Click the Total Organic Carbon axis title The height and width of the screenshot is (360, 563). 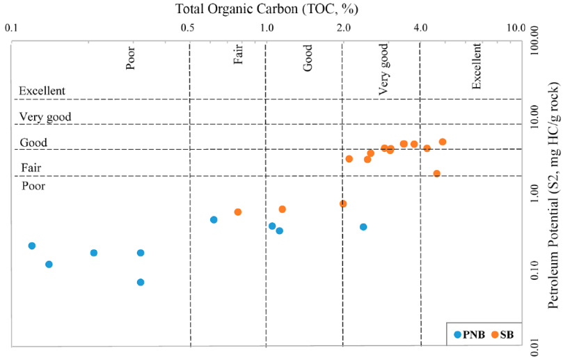coord(267,9)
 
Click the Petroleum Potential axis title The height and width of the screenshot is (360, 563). coord(553,196)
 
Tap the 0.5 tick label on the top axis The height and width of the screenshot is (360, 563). coord(187,28)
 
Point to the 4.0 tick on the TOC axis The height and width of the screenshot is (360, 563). coord(420,28)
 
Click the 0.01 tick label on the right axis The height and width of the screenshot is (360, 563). coord(534,345)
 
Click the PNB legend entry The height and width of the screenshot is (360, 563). coord(469,335)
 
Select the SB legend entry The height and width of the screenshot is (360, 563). coord(502,335)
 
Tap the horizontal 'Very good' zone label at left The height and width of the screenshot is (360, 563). coord(45,117)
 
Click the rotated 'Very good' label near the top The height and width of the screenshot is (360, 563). coord(383,70)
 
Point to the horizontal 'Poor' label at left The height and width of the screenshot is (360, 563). coord(33,186)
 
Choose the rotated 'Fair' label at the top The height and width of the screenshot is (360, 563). coord(238,54)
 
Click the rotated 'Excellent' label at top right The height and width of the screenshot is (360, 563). coord(476,66)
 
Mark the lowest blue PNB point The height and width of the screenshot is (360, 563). coord(141,283)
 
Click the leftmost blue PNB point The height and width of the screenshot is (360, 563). coord(32,246)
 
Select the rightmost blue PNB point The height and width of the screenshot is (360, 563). coord(363,227)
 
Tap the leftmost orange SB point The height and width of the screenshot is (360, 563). coord(238,212)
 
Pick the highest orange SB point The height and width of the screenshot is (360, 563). coord(443,142)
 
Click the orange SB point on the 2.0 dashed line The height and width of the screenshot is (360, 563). coord(343,204)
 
